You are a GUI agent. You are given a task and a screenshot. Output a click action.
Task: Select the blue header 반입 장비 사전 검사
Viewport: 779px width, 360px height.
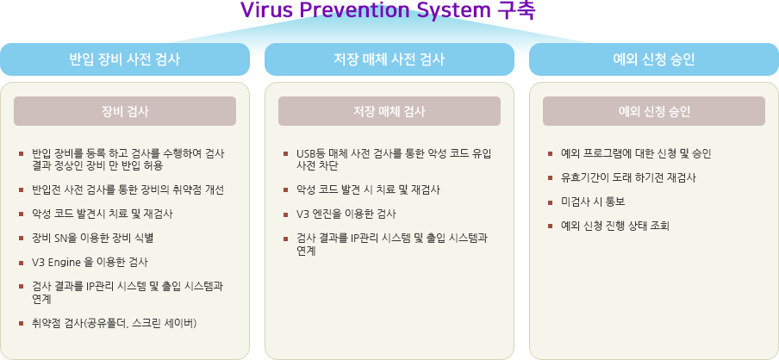click(125, 59)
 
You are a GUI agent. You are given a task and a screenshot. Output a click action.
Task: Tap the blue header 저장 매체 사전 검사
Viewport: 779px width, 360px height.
click(389, 59)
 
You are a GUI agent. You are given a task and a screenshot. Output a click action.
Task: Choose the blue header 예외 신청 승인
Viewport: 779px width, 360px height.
click(654, 59)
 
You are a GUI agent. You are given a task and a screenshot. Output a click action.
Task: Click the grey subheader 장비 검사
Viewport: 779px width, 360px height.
click(125, 111)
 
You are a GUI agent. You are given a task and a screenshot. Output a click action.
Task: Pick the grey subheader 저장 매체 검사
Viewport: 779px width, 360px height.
click(389, 111)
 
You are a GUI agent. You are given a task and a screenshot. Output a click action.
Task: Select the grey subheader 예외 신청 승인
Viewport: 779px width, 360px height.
click(654, 111)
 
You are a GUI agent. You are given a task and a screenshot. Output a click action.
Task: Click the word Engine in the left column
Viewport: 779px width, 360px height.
click(61, 262)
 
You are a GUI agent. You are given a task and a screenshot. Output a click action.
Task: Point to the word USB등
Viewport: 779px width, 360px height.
click(308, 154)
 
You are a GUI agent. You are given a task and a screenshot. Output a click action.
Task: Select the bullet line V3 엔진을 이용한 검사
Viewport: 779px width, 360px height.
click(346, 214)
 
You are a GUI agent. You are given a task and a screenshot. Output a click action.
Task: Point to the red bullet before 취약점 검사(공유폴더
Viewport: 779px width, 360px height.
click(21, 323)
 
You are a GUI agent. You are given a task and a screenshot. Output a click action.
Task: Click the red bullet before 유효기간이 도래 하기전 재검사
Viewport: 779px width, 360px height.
click(550, 177)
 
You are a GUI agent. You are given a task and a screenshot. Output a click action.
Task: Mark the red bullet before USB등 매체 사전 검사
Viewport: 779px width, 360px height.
click(286, 154)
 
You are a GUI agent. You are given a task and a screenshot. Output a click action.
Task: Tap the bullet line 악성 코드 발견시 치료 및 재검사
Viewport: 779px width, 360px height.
click(103, 214)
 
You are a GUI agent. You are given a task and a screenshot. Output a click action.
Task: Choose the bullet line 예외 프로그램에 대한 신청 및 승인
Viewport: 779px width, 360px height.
click(636, 154)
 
